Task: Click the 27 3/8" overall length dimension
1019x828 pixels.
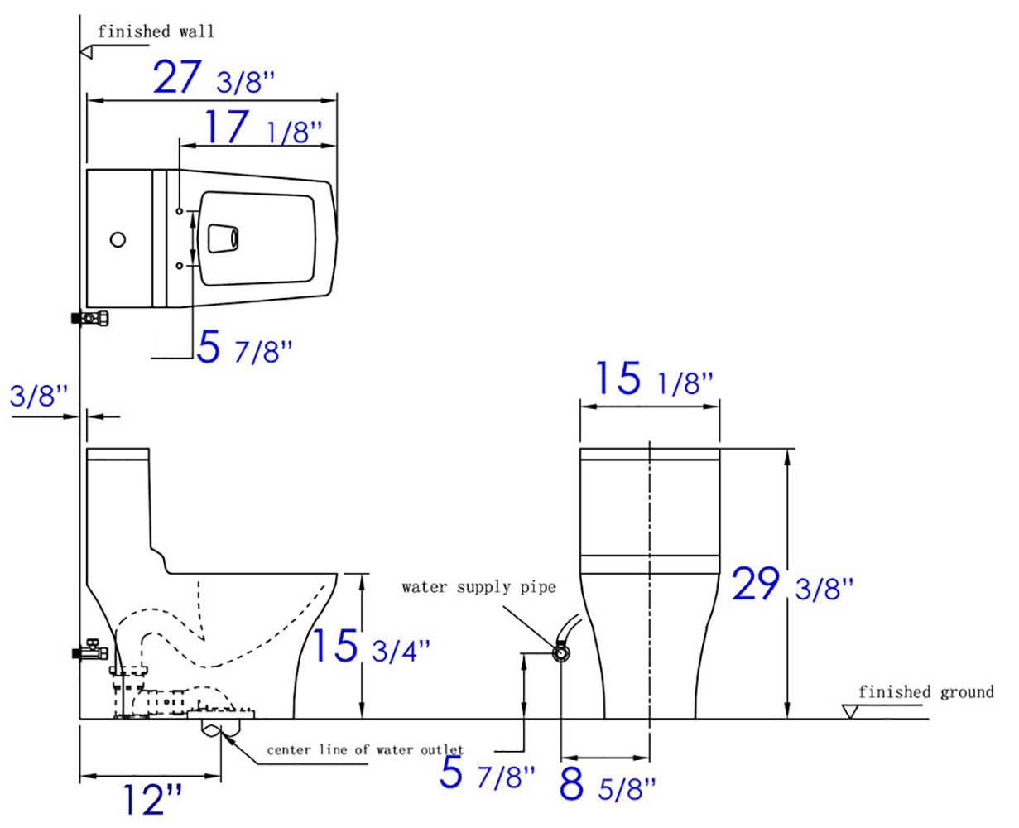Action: pos(213,79)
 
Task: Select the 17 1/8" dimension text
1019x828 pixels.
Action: pos(257,128)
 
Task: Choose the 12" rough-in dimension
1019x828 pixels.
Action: pos(153,800)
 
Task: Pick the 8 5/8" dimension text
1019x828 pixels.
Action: pos(607,786)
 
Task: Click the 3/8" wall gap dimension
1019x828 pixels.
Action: pos(38,396)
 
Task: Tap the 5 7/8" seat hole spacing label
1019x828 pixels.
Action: pos(245,349)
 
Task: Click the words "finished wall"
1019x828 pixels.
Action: pos(156,31)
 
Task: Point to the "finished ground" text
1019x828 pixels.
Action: pos(925,691)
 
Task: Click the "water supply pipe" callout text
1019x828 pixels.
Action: pos(478,587)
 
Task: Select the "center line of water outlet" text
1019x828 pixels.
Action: pos(365,750)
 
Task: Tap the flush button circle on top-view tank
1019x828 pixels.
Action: pos(118,240)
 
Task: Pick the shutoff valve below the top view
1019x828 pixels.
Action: pos(91,317)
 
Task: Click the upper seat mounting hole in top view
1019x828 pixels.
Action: pos(179,212)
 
